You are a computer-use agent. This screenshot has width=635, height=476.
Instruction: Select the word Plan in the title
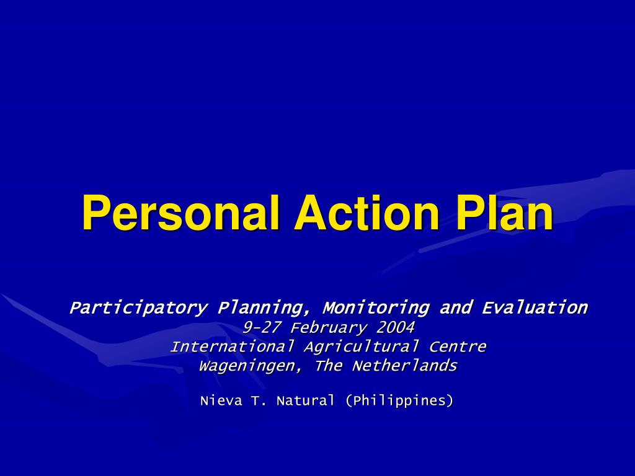(x=505, y=213)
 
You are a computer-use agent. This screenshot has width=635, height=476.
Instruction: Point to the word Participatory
(x=138, y=308)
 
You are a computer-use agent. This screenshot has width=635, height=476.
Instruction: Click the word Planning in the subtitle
(x=264, y=308)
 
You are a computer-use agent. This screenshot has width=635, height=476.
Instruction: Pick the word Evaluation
(x=535, y=307)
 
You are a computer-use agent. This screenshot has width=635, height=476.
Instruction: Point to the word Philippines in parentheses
(x=399, y=401)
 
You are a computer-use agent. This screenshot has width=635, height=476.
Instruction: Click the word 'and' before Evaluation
(x=456, y=307)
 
